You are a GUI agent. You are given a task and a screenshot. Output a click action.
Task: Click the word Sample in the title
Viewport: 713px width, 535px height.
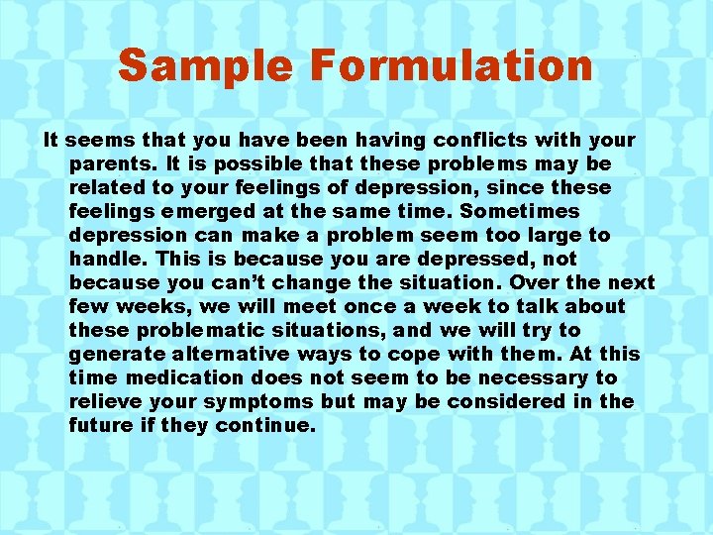pyautogui.click(x=205, y=66)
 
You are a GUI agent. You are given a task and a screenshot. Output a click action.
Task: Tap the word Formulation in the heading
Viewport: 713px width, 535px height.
pyautogui.click(x=452, y=66)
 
